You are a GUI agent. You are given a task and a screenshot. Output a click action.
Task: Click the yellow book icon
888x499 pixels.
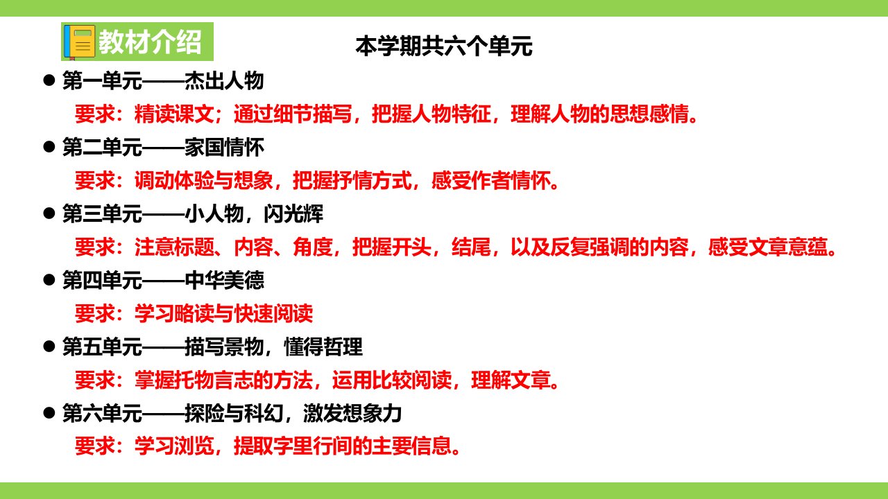click(80, 42)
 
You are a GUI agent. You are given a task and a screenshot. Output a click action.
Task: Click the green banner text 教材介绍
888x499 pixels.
click(150, 42)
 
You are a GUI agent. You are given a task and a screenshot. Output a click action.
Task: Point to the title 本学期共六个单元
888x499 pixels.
click(443, 46)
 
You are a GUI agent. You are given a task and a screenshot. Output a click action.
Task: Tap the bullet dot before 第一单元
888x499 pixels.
click(49, 80)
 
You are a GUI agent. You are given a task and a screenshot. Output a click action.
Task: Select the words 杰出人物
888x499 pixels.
click(224, 81)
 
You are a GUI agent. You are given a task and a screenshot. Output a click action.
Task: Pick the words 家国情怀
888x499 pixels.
click(224, 148)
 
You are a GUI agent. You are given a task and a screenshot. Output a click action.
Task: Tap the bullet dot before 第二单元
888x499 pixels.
click(49, 147)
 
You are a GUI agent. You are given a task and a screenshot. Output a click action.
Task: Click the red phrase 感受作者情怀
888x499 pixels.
click(490, 181)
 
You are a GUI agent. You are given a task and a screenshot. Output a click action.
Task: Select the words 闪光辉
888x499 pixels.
click(293, 214)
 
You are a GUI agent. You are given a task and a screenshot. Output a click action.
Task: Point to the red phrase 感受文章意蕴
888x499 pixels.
click(768, 247)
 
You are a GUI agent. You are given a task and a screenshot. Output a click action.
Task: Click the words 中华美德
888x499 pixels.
click(224, 281)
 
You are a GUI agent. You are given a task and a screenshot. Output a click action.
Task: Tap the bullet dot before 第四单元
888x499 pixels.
click(49, 280)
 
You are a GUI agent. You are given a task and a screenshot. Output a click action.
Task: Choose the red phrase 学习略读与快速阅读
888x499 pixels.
click(223, 314)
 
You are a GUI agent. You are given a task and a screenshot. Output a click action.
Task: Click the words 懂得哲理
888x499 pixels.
click(323, 347)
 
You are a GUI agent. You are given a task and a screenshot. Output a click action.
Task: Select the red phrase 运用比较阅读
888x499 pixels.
click(392, 380)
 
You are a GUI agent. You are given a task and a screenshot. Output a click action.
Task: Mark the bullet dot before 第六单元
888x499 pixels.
click(49, 413)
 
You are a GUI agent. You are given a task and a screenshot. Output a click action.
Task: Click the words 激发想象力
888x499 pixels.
click(352, 414)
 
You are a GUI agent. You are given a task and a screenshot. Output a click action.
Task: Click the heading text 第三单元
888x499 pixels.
click(102, 214)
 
